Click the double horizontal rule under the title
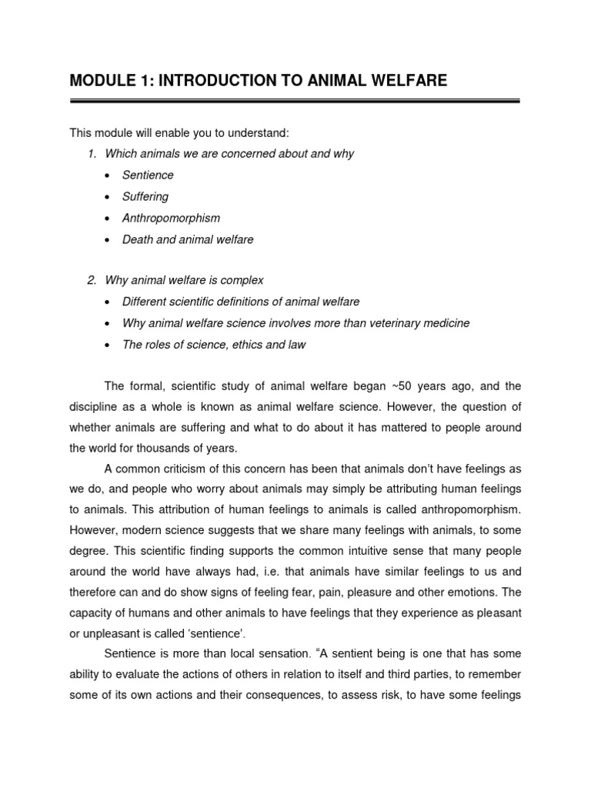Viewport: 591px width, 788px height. (x=295, y=100)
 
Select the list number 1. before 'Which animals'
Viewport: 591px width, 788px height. (x=92, y=153)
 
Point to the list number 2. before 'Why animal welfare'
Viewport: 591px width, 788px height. (x=92, y=280)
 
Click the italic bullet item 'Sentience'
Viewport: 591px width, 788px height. (x=148, y=175)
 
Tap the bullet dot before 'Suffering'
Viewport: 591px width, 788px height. (x=105, y=197)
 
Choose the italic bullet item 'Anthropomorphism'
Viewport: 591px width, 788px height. (x=171, y=218)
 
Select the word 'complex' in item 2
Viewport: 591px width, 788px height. (x=244, y=280)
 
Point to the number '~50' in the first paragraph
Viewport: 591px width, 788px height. (x=407, y=386)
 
